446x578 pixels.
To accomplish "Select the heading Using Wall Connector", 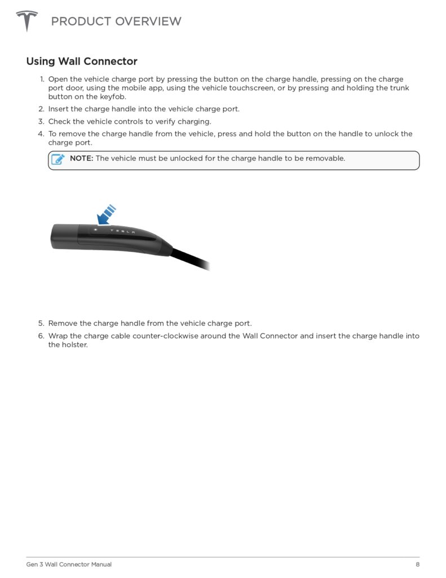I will pos(82,61).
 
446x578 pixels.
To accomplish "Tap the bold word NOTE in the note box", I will pos(81,159).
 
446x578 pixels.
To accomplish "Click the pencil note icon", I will pos(58,159).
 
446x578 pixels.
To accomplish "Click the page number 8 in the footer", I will pos(417,564).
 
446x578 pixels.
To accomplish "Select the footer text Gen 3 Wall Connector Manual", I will pos(69,564).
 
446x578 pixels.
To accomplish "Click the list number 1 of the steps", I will pos(42,80).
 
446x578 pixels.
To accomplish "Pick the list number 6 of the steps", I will pos(41,336).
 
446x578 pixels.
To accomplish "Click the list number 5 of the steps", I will pos(41,323).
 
